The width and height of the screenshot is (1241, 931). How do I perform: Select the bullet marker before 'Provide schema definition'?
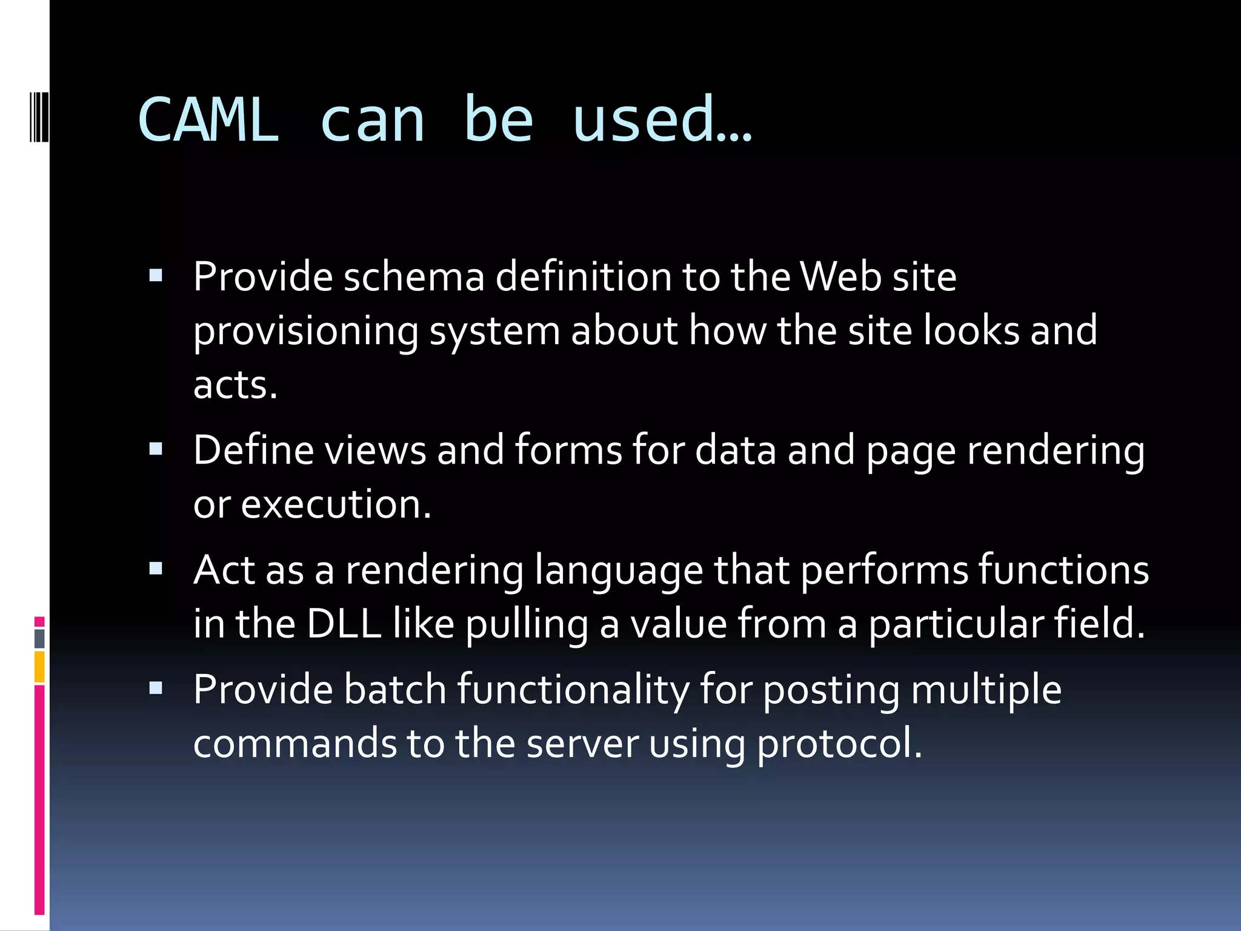156,276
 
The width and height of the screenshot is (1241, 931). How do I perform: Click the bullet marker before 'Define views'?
156,449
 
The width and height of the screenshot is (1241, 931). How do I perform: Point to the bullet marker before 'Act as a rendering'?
156,569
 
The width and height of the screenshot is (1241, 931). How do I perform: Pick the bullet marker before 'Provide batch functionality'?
156,688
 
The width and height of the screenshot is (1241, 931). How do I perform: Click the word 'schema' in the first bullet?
414,277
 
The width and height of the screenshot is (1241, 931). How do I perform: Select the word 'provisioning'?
306,332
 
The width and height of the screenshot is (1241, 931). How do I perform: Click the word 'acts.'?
235,385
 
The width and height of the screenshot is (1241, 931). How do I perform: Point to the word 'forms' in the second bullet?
568,450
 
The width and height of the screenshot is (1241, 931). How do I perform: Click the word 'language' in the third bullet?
619,571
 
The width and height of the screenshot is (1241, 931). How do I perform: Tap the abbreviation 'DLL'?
344,623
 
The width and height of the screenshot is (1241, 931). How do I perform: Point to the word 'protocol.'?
839,744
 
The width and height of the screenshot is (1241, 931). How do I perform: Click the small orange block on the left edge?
39,667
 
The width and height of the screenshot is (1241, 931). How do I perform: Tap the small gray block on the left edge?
39,639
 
